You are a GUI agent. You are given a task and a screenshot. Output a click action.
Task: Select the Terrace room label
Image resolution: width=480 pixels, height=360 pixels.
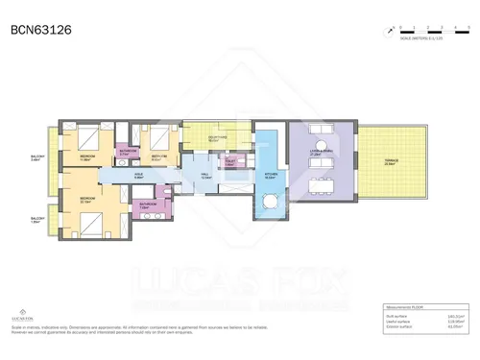[x=390, y=163]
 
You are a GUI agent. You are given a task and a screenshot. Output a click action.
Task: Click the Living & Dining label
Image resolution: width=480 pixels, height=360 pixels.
[x=319, y=151]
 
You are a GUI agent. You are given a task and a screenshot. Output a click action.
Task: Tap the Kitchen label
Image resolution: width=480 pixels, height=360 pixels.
[x=271, y=176]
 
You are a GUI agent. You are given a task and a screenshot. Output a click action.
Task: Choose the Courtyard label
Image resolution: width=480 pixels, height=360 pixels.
[x=217, y=137]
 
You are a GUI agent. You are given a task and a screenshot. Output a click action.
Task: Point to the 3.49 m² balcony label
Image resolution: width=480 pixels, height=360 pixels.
[x=36, y=158]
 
